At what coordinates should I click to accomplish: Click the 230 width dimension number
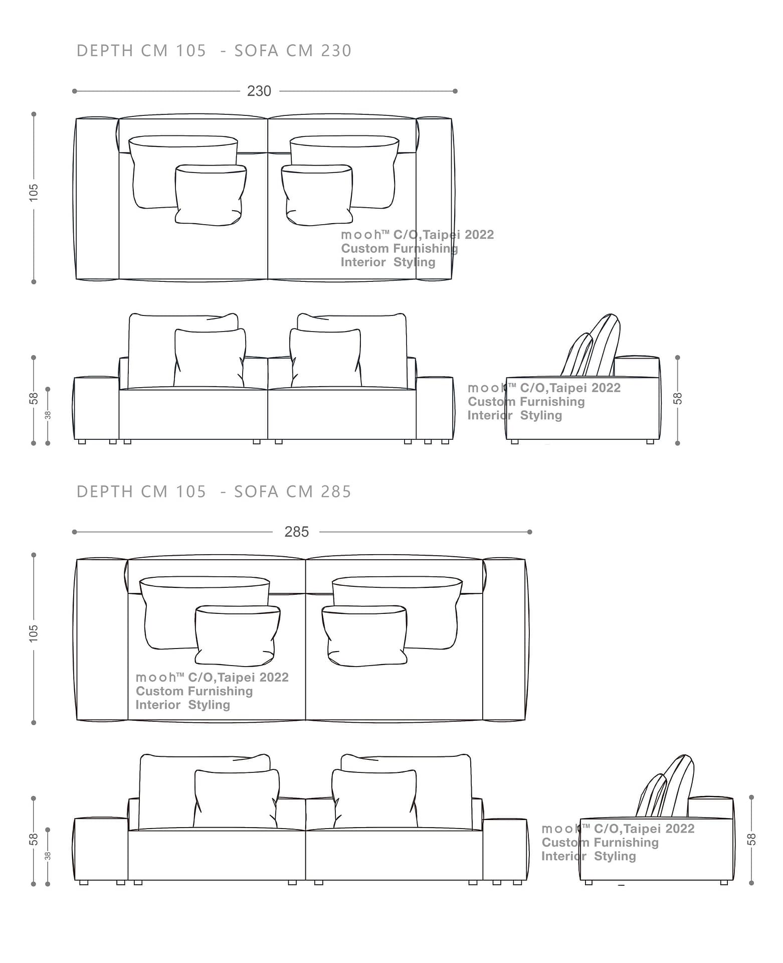[x=259, y=91]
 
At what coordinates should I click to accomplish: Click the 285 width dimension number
[x=296, y=532]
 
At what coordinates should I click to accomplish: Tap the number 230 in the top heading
[x=336, y=51]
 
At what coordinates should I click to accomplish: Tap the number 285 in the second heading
[x=336, y=492]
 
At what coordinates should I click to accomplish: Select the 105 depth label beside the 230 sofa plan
[x=34, y=193]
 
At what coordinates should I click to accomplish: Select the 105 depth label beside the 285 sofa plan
[x=34, y=633]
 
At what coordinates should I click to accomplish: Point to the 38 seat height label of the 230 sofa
[x=48, y=415]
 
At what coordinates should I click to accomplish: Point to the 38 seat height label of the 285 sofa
[x=48, y=856]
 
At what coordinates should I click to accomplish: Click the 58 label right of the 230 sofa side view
[x=677, y=398]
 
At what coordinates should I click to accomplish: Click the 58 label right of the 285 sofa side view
[x=751, y=839]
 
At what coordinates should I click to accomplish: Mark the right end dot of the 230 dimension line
[x=455, y=91]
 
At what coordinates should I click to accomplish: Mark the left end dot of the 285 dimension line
[x=75, y=532]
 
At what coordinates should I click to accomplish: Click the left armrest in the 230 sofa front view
[x=96, y=408]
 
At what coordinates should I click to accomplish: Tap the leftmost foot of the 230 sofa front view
[x=82, y=442]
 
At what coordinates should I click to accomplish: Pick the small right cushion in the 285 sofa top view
[x=364, y=636]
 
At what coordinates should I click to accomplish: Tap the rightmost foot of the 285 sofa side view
[x=724, y=883]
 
